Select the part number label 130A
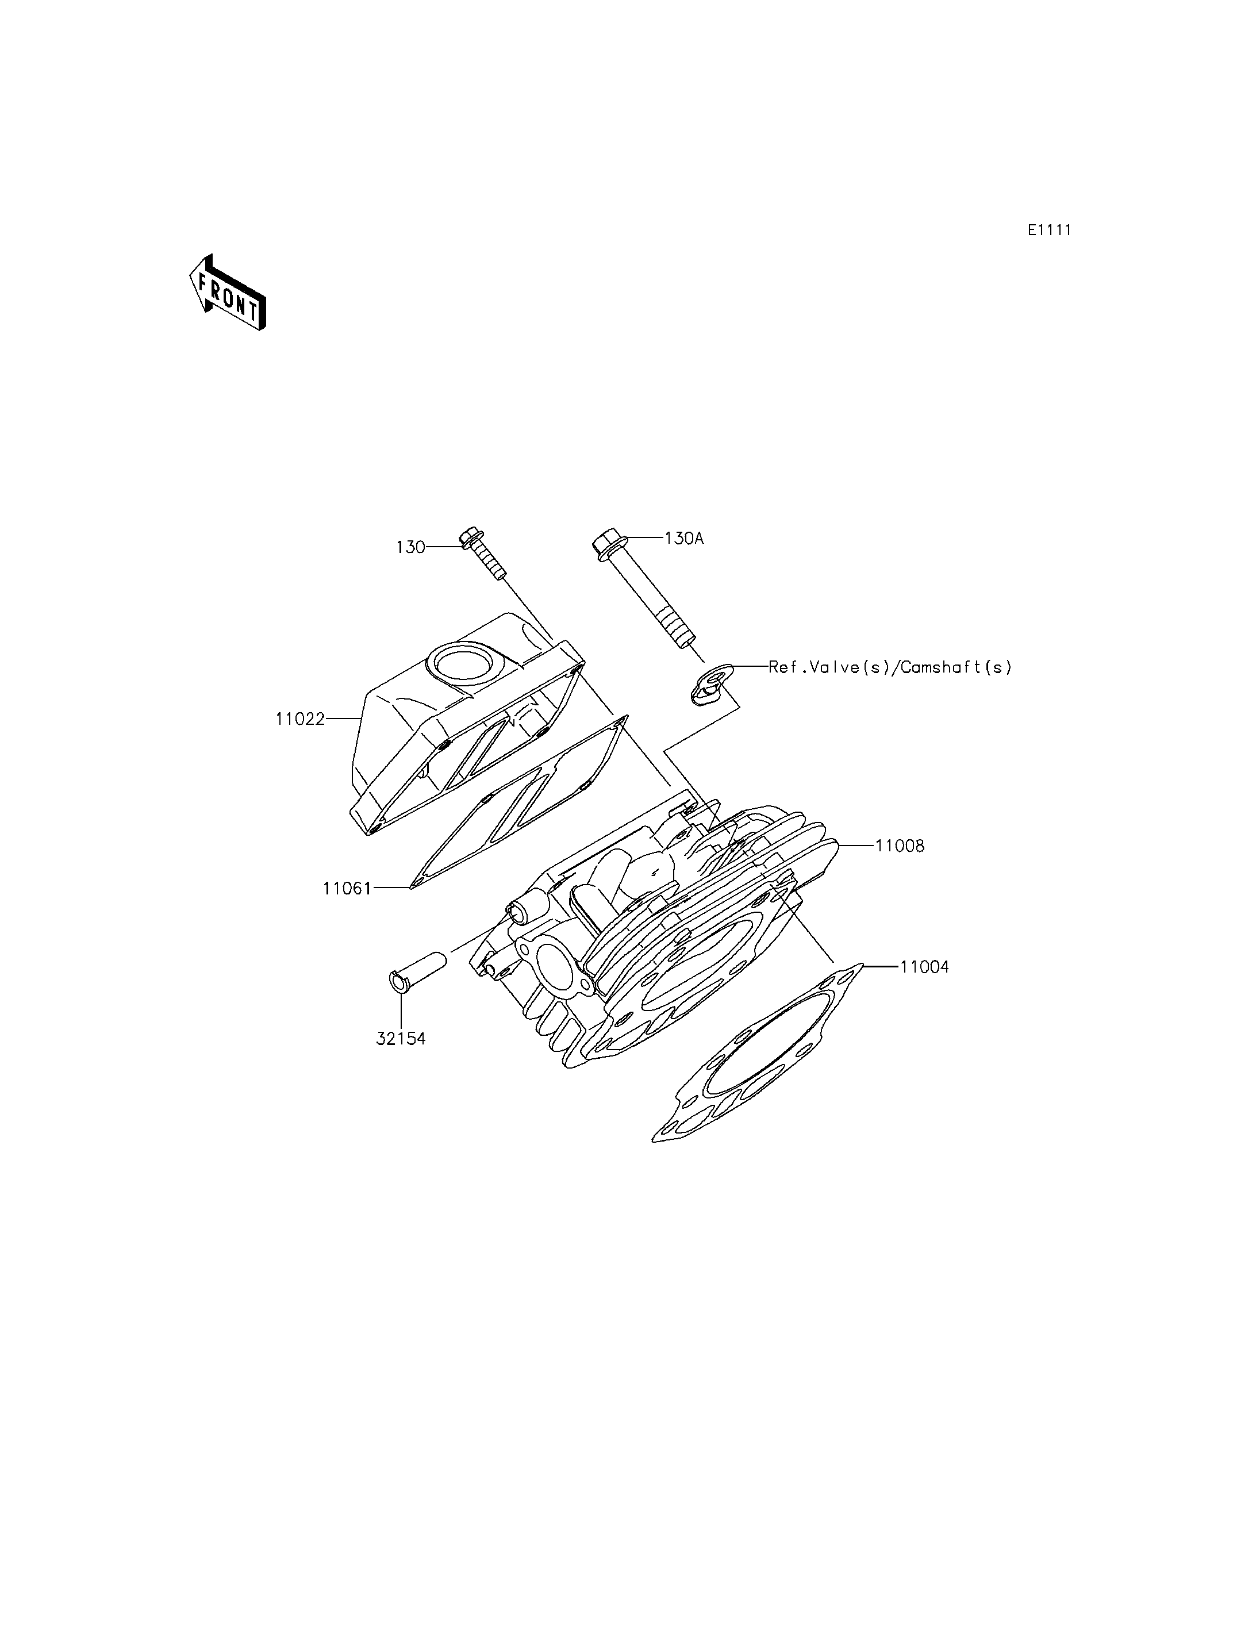tap(684, 538)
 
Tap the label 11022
tap(300, 719)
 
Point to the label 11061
tap(347, 889)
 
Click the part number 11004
tap(925, 967)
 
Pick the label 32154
tap(401, 1039)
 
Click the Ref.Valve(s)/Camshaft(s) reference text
tap(890, 667)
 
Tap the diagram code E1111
tap(1049, 231)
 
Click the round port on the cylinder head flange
tap(553, 963)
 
